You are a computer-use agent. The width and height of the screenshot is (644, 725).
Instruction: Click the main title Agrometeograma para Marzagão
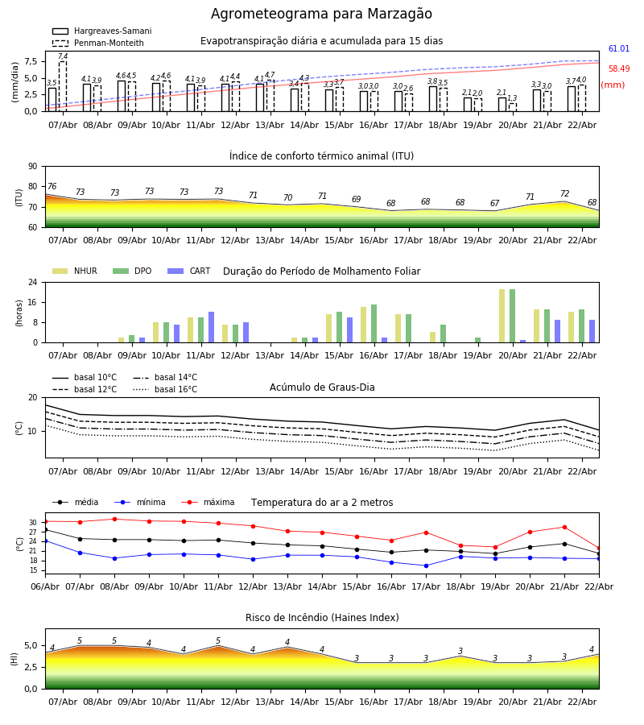321,14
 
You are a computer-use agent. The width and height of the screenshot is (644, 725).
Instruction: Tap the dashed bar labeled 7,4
63,86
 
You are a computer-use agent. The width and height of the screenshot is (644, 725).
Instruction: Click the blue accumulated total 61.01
618,49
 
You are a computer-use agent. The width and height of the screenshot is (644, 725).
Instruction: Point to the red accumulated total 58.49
618,69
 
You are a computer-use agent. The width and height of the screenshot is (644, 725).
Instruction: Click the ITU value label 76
52,187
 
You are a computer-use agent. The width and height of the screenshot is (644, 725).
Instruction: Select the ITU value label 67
494,204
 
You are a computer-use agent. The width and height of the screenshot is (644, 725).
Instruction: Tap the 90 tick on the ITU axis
32,167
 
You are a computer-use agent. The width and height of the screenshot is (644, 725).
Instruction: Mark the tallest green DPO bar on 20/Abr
512,316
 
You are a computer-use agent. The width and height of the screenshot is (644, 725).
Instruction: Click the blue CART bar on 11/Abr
212,327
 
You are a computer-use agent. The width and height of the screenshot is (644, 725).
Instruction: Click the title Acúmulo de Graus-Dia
322,387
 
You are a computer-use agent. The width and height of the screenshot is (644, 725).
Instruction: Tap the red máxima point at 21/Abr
564,528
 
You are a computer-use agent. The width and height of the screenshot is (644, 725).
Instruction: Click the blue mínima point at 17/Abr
426,565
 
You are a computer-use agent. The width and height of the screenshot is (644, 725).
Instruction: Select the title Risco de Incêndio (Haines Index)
322,618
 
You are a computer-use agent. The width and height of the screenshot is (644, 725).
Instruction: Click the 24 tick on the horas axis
32,283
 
